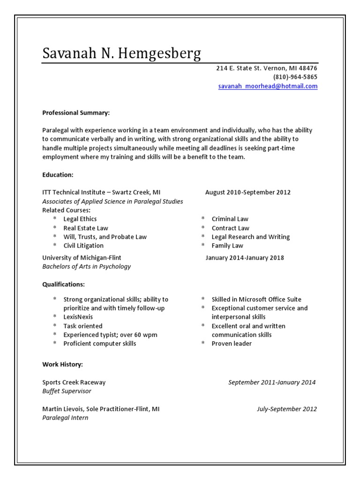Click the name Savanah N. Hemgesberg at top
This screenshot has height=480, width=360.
(x=121, y=53)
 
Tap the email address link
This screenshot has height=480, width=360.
(x=268, y=86)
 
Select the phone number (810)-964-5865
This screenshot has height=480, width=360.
(x=295, y=77)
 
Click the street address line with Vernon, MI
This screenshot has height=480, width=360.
(x=266, y=68)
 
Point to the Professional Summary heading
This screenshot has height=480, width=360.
(x=76, y=113)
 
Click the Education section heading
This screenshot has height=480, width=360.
(x=58, y=175)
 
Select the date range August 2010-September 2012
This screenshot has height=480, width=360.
(x=247, y=192)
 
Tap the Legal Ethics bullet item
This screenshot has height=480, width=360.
(x=80, y=219)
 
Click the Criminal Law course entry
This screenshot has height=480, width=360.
(x=230, y=219)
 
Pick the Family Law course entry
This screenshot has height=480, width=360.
(x=227, y=246)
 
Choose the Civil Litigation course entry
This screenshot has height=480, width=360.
(x=83, y=246)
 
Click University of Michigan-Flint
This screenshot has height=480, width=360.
(x=82, y=257)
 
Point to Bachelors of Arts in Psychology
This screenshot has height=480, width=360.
(x=86, y=266)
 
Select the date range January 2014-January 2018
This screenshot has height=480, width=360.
(x=244, y=257)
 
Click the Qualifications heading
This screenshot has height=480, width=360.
(x=63, y=285)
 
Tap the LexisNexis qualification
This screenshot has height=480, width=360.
(x=78, y=317)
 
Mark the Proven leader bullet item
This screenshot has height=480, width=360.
(x=232, y=344)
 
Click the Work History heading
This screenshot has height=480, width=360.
(x=62, y=364)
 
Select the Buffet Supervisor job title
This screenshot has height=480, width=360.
(x=67, y=391)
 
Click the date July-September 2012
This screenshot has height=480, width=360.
(x=286, y=409)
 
